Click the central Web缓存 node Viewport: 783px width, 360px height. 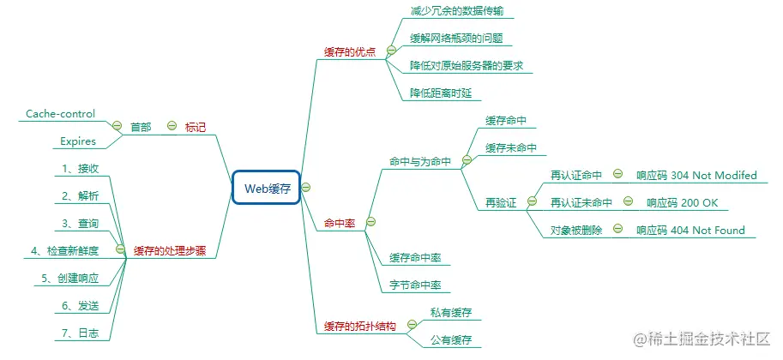[266, 188]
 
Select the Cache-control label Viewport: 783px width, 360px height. [60, 113]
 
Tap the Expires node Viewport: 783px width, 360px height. [78, 141]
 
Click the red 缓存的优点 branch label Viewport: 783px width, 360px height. [349, 51]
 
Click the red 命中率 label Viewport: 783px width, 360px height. [339, 223]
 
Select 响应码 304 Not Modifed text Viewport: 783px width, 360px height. [696, 175]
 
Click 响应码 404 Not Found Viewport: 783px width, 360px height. [690, 230]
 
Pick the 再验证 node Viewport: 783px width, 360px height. [502, 203]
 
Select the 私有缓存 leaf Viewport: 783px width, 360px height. [451, 312]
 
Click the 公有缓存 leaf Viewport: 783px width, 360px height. [451, 340]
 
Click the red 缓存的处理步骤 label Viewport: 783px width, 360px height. [170, 251]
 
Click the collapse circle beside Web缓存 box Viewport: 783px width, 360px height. [306, 188]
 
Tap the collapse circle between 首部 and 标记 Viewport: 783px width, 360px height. [171, 127]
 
